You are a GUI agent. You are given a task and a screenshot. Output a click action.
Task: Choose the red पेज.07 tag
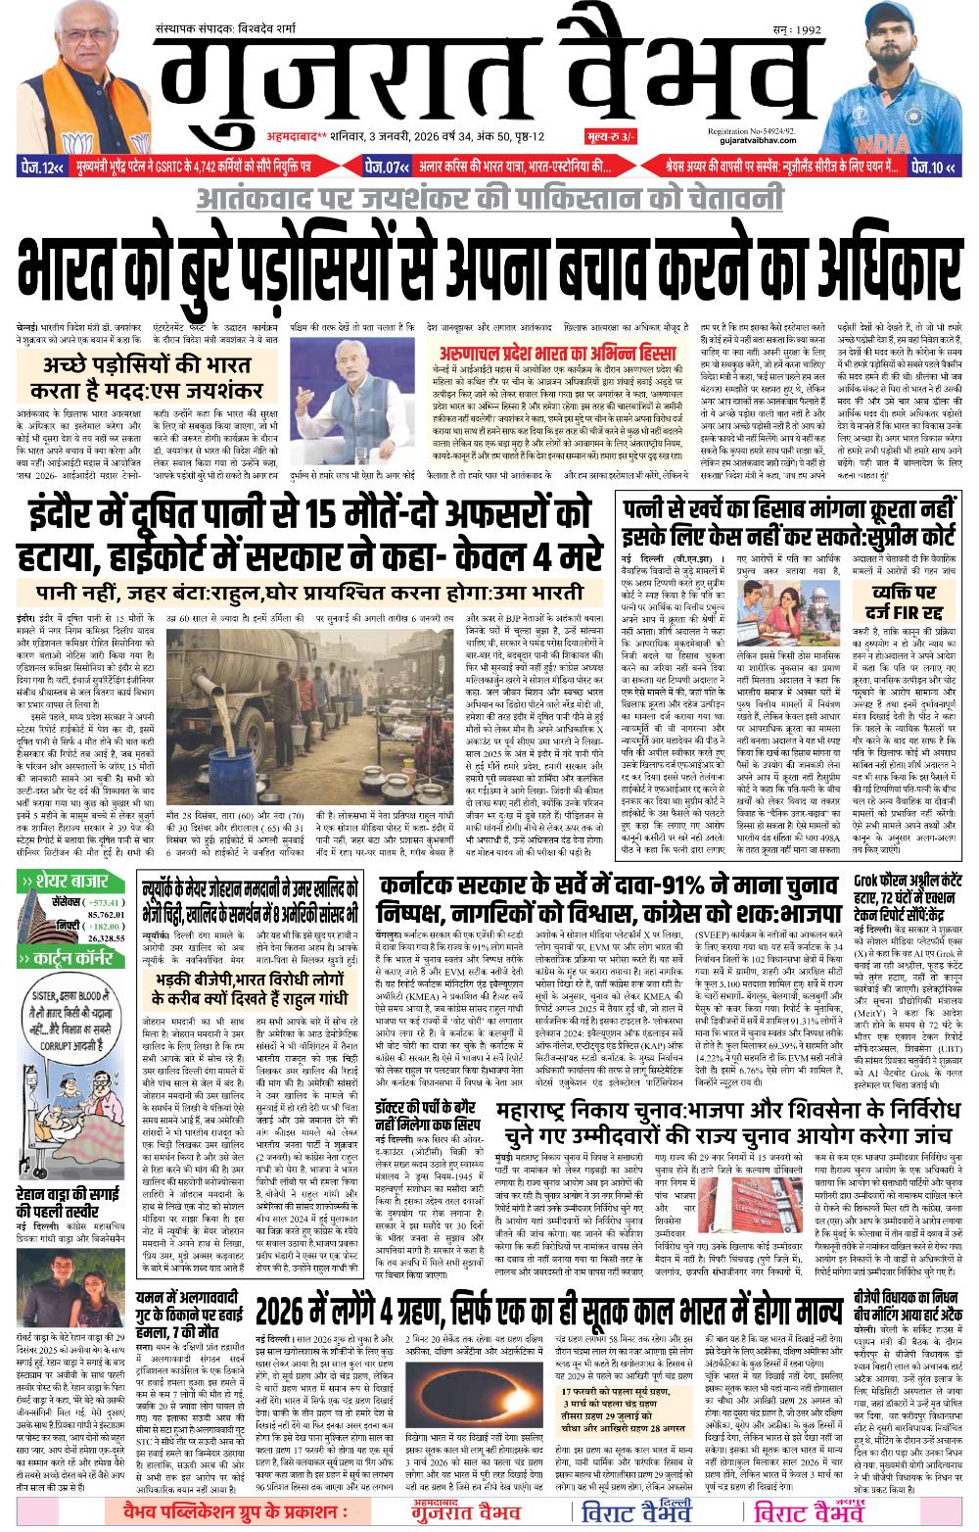point(387,166)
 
